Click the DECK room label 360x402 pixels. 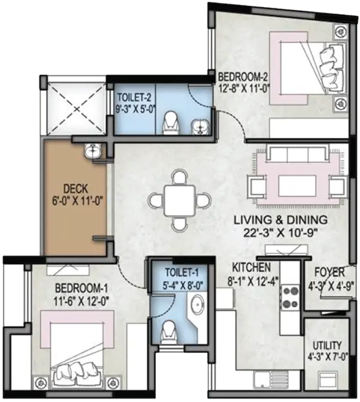click(x=76, y=189)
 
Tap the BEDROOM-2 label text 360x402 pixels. click(x=243, y=76)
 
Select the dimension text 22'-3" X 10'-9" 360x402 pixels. click(x=280, y=233)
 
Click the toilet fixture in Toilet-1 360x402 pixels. click(x=168, y=332)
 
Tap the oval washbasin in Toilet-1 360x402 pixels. click(x=197, y=304)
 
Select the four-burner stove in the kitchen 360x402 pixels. click(x=291, y=297)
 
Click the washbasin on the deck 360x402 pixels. click(x=92, y=150)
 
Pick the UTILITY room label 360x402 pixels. click(x=327, y=345)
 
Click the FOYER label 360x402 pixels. click(x=330, y=272)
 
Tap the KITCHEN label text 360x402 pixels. click(x=251, y=268)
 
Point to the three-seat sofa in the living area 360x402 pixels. click(x=298, y=152)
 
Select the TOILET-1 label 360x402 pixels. click(x=182, y=272)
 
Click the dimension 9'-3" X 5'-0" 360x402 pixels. click(x=136, y=109)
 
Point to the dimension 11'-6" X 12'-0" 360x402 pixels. click(x=81, y=301)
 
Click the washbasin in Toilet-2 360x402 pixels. click(x=199, y=127)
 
